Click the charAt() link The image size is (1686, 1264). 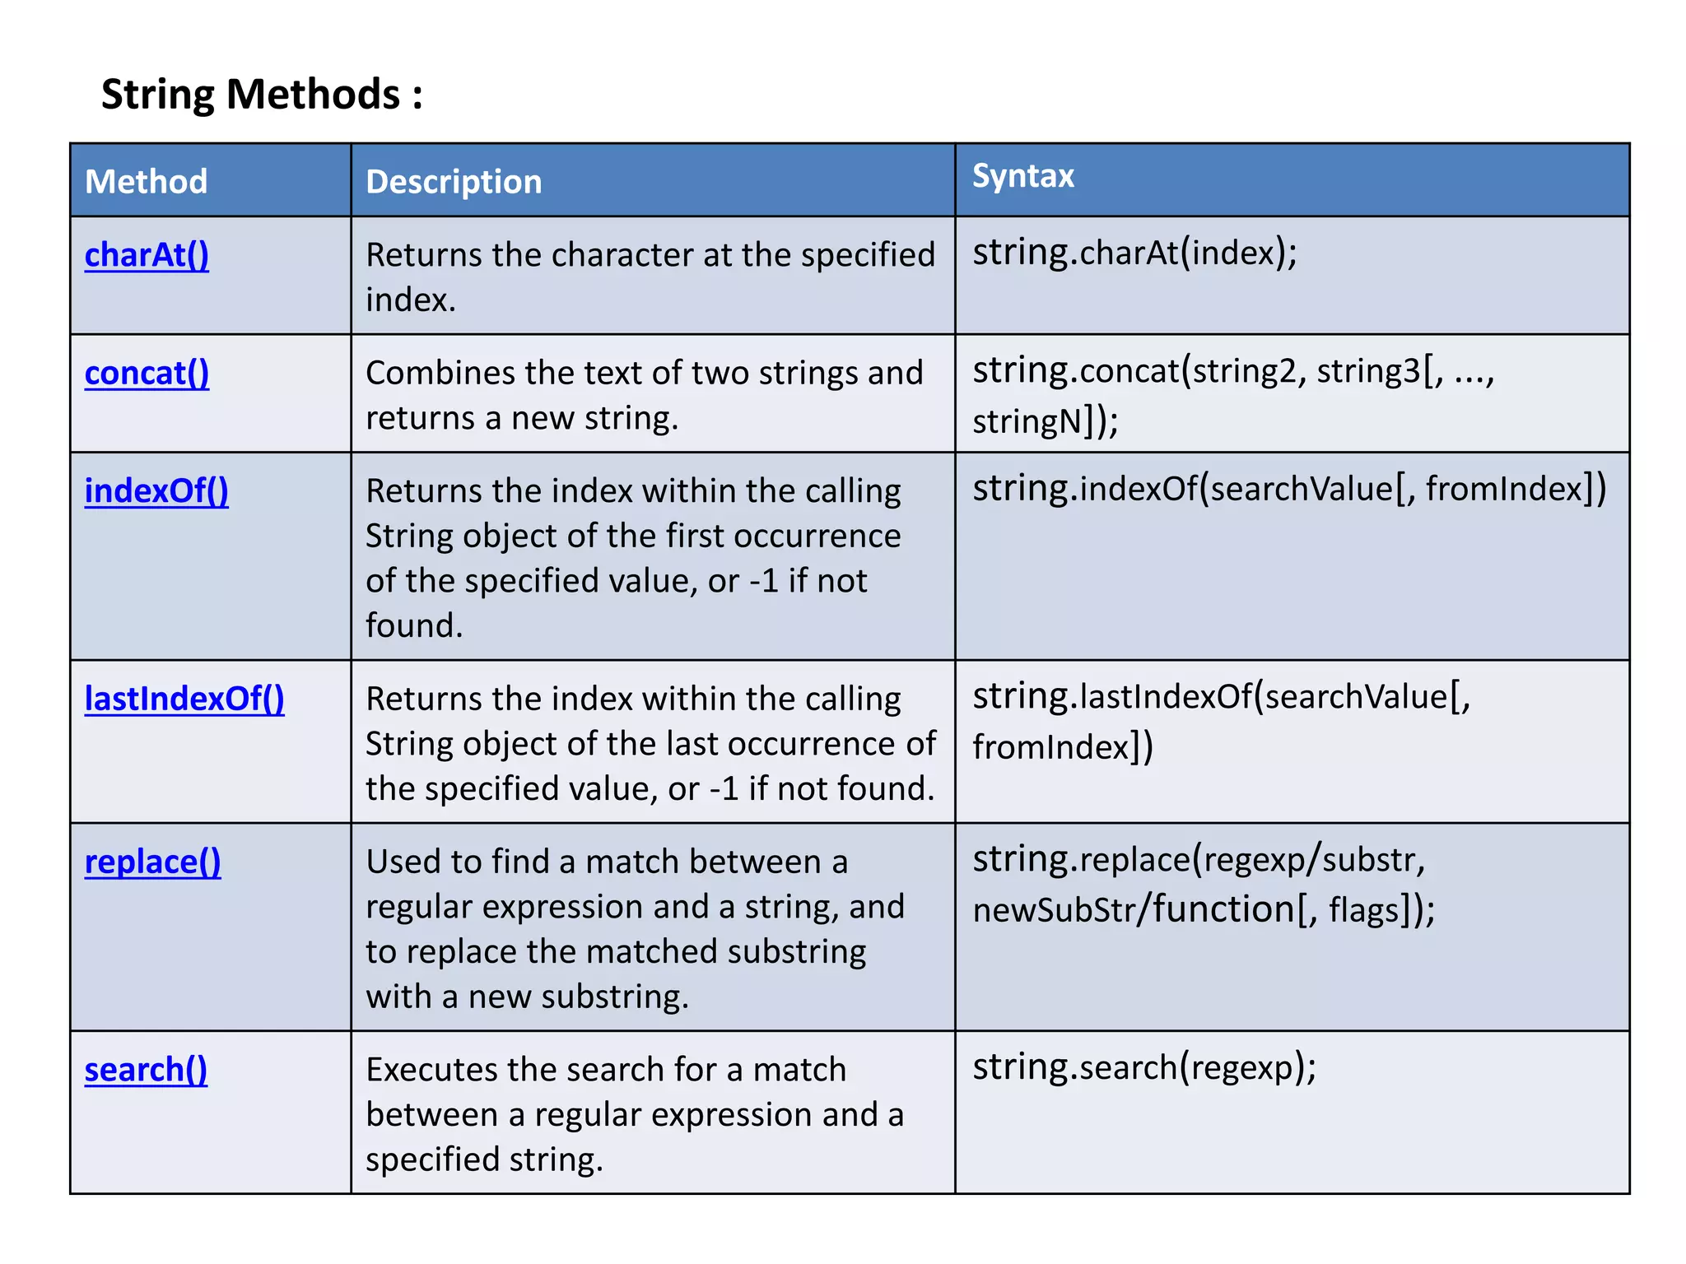click(x=147, y=255)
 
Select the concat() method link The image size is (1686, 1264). click(x=147, y=374)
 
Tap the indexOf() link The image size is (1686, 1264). click(x=156, y=491)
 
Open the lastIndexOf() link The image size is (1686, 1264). click(x=184, y=699)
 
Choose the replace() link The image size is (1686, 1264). click(x=152, y=862)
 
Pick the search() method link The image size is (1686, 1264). click(x=146, y=1070)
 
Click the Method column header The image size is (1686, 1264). click(x=147, y=182)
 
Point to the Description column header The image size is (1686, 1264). click(x=454, y=182)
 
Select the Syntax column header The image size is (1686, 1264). click(x=1023, y=176)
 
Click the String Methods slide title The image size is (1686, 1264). click(x=262, y=94)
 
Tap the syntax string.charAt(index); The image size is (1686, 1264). click(x=1134, y=253)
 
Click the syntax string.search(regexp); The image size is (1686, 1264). click(x=1144, y=1067)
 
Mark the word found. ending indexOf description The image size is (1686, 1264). click(x=414, y=626)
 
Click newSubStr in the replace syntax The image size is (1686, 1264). click(x=1052, y=911)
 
